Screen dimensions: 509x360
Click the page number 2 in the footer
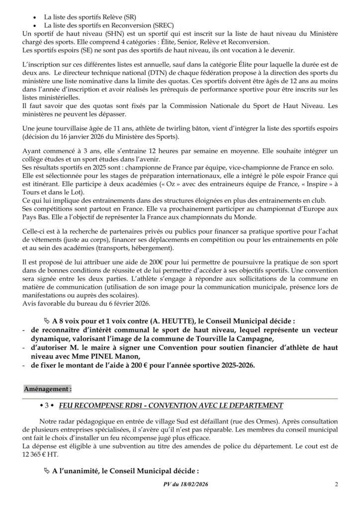tap(337, 485)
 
